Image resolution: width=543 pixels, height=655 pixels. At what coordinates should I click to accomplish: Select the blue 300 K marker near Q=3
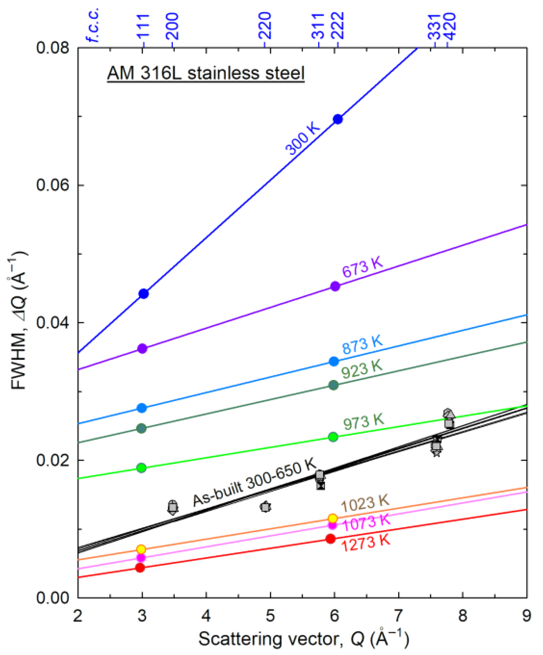[x=143, y=293]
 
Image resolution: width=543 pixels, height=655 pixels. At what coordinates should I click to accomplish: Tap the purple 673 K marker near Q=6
[x=335, y=286]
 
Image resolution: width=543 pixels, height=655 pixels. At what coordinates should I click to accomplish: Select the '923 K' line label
[x=362, y=370]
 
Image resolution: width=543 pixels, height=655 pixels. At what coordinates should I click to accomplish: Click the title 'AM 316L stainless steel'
[x=206, y=74]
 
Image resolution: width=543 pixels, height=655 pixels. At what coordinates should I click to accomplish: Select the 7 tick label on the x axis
[x=398, y=616]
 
